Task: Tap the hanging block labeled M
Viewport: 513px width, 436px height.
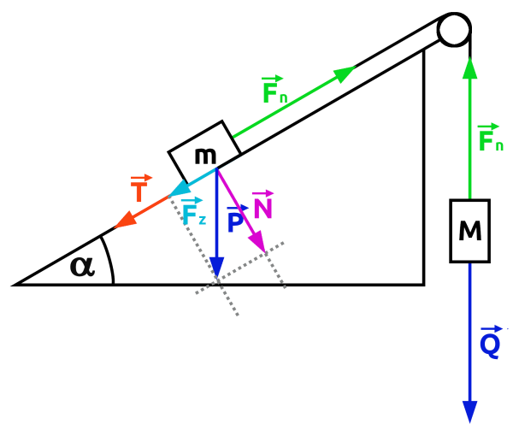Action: pyautogui.click(x=469, y=230)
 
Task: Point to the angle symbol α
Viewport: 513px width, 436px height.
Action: pyautogui.click(x=82, y=266)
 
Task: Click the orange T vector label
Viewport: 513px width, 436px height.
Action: pyautogui.click(x=139, y=191)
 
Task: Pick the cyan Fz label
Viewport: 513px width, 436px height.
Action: pyautogui.click(x=193, y=212)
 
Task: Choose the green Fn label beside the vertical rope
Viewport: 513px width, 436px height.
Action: pyautogui.click(x=491, y=138)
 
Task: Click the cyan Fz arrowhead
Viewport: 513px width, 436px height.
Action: pyautogui.click(x=180, y=189)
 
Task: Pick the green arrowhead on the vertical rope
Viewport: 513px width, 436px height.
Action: pyautogui.click(x=469, y=66)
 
